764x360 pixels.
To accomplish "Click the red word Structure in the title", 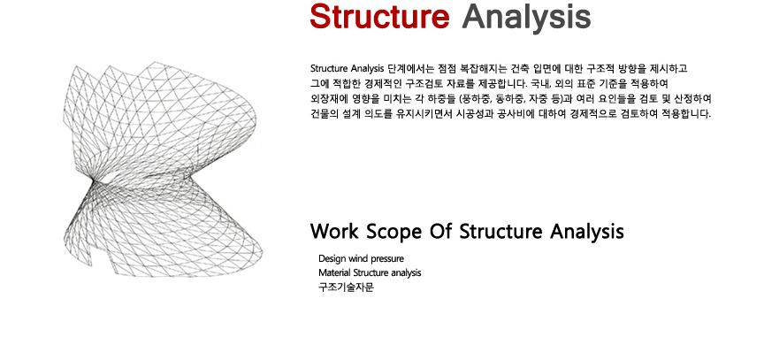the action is [379, 16].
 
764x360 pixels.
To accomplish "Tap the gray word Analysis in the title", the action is [526, 19].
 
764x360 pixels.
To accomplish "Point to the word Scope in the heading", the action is [393, 232].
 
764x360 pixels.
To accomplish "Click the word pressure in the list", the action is [387, 259].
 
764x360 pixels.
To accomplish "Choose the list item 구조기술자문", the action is [346, 287].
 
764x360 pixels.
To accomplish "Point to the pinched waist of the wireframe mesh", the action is [95, 182].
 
